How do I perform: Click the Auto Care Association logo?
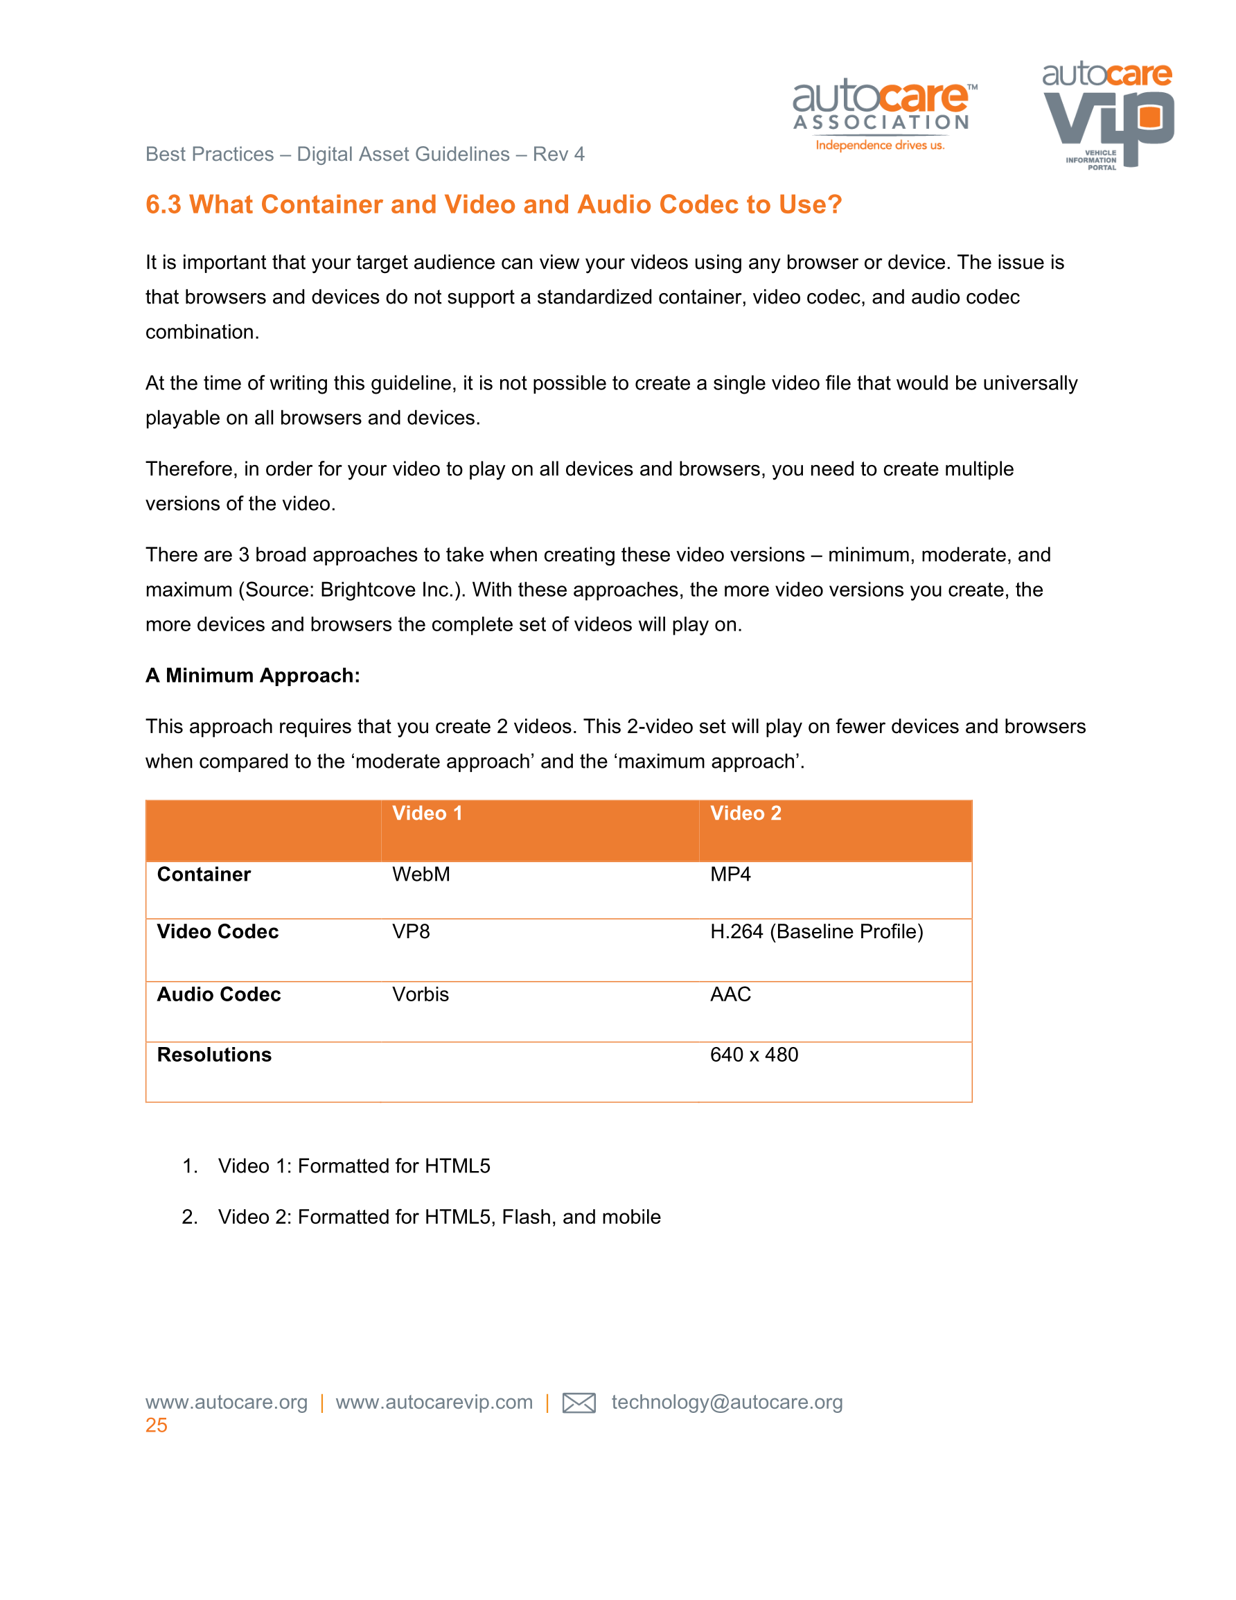point(883,114)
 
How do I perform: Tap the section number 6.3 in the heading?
point(163,204)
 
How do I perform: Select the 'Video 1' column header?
point(427,814)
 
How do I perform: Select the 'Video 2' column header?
point(745,814)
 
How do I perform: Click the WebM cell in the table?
point(421,874)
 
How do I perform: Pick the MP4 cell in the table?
point(730,874)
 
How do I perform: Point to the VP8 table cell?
point(410,931)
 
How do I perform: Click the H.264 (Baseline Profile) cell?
point(816,931)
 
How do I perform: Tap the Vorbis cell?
point(420,994)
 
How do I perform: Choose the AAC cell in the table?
point(730,994)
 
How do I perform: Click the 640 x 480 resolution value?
point(754,1054)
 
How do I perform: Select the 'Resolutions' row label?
point(214,1054)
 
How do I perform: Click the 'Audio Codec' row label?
point(218,994)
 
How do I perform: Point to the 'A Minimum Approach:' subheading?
point(252,676)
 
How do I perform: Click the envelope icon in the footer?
point(578,1403)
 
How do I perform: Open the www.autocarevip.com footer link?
point(434,1403)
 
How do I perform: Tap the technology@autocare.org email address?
point(727,1403)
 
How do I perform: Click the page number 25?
point(156,1425)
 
